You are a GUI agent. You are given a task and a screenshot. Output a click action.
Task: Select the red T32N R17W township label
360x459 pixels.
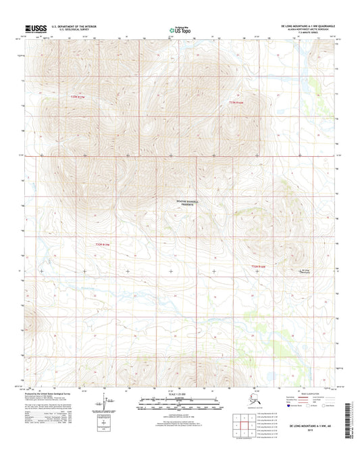98,243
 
